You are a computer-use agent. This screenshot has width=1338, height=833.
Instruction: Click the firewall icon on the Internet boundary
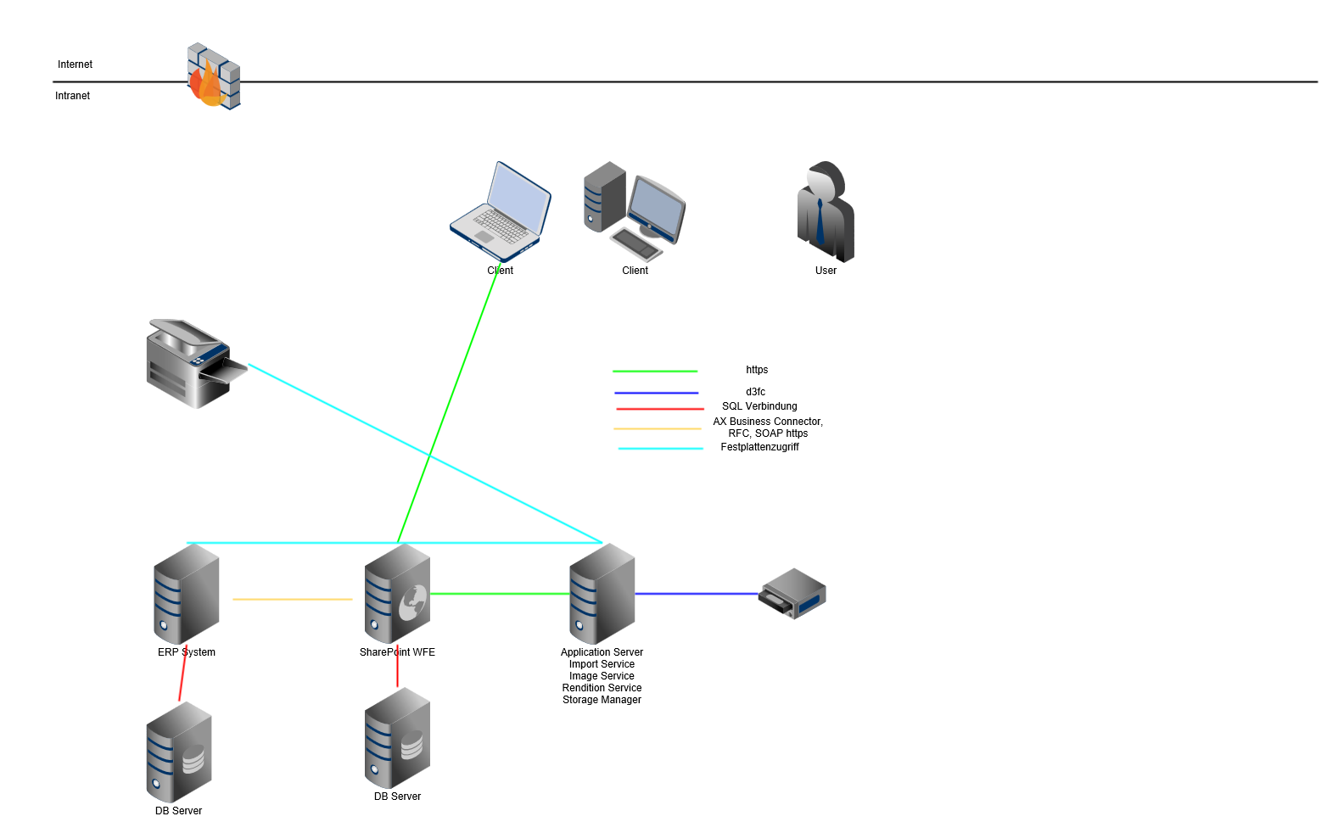pyautogui.click(x=213, y=76)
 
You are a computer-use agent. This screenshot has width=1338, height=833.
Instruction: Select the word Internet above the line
pyautogui.click(x=75, y=64)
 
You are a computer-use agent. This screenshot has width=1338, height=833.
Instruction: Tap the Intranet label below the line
pyautogui.click(x=72, y=96)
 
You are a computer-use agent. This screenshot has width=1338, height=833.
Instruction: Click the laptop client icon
pyautogui.click(x=501, y=212)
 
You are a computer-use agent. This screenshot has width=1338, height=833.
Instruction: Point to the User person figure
pyautogui.click(x=825, y=211)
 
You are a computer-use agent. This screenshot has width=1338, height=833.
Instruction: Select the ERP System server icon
pyautogui.click(x=187, y=594)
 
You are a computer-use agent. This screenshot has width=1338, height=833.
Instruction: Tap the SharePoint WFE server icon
pyautogui.click(x=397, y=594)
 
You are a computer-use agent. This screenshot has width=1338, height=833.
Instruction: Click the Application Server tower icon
pyautogui.click(x=602, y=594)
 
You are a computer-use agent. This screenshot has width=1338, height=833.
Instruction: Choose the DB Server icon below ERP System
pyautogui.click(x=179, y=752)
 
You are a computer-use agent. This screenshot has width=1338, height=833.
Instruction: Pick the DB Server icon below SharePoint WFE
pyautogui.click(x=397, y=738)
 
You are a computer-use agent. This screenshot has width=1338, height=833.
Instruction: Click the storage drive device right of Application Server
pyautogui.click(x=792, y=594)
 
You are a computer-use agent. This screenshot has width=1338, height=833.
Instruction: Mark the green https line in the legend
pyautogui.click(x=655, y=372)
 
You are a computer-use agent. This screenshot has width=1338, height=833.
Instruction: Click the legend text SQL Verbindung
pyautogui.click(x=759, y=406)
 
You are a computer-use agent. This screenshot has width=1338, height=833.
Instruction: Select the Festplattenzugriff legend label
pyautogui.click(x=759, y=447)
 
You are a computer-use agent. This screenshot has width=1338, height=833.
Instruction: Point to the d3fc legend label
pyautogui.click(x=755, y=392)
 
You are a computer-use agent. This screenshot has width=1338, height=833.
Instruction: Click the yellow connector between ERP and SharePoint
pyautogui.click(x=292, y=600)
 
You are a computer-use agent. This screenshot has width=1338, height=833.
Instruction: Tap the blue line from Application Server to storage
pyautogui.click(x=696, y=594)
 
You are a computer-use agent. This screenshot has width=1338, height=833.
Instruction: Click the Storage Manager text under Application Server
pyautogui.click(x=602, y=700)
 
